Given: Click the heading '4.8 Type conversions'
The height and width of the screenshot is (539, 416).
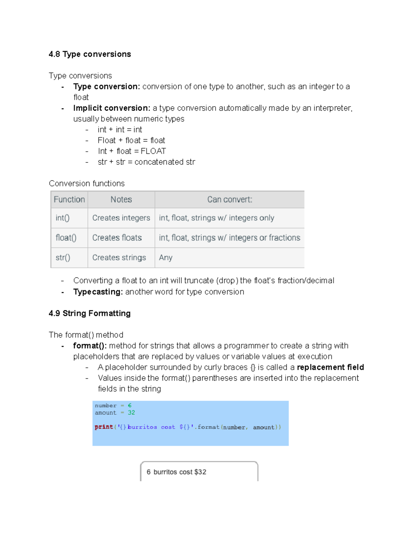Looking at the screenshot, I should coord(90,54).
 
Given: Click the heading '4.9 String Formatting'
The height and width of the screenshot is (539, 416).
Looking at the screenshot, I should coord(90,313).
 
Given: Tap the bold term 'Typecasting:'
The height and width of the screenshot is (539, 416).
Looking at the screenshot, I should coord(98,292).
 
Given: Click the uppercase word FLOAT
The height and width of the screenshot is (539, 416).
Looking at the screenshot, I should coord(153,151).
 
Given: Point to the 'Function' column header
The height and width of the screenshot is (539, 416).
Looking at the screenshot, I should coord(69,200).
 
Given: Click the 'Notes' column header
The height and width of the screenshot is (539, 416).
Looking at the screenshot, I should coord(121,200).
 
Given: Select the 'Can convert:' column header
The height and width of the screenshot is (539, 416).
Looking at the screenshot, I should coord(229,200).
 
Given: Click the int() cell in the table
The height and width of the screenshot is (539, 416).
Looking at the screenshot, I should coord(62,218).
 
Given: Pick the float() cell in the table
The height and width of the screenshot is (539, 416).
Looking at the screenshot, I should coord(66,238).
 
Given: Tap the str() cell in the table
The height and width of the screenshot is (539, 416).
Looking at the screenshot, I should coord(63,258).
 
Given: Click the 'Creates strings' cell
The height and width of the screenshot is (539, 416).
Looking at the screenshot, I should coord(119,258).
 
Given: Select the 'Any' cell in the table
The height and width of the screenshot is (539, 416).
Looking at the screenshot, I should coord(166,258).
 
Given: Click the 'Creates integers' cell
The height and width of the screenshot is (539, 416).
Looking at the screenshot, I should coord(121,218).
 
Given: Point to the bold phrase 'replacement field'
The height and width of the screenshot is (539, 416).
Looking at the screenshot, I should coord(330,367).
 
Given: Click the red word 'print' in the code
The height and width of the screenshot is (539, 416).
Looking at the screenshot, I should coord(104,427).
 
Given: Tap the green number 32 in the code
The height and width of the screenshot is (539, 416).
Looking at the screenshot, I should coord(131,413).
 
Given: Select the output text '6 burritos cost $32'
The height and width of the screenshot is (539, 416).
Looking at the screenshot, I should coord(176,472).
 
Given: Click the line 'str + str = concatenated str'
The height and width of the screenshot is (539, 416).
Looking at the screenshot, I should coord(146,162).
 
